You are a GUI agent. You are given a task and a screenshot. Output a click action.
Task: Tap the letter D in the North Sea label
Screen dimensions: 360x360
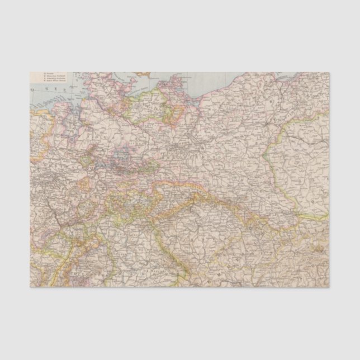click(x=33, y=88)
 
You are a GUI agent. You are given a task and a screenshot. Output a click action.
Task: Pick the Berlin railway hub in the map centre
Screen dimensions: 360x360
click(x=178, y=148)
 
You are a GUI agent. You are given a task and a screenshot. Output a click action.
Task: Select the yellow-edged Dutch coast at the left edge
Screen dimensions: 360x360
click(x=34, y=120)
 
